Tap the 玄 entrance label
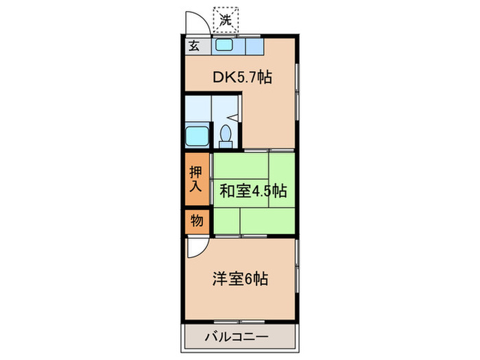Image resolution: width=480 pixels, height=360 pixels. (194, 47)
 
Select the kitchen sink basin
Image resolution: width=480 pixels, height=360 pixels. (224, 47)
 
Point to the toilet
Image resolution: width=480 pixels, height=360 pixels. (226, 134)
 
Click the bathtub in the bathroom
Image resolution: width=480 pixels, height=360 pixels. (197, 134)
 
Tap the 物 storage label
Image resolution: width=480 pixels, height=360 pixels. (196, 221)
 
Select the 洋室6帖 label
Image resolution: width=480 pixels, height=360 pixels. (239, 279)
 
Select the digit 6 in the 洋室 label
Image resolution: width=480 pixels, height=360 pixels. (252, 279)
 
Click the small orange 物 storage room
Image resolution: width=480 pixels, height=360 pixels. (196, 221)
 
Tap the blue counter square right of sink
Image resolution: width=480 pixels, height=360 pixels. (253, 47)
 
